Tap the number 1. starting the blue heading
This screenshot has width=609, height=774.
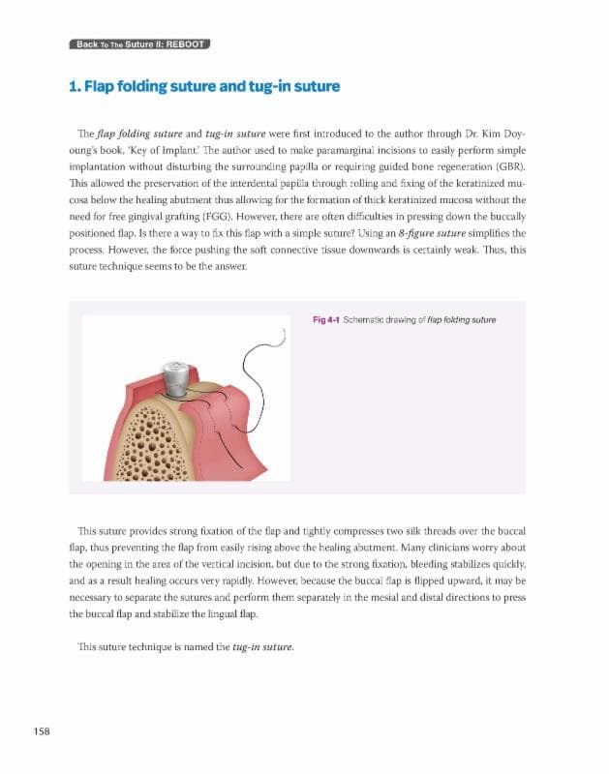pos(76,87)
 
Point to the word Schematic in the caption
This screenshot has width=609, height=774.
pos(371,318)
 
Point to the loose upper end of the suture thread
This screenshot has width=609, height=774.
pos(280,335)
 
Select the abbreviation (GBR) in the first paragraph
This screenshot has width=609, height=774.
pos(507,164)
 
